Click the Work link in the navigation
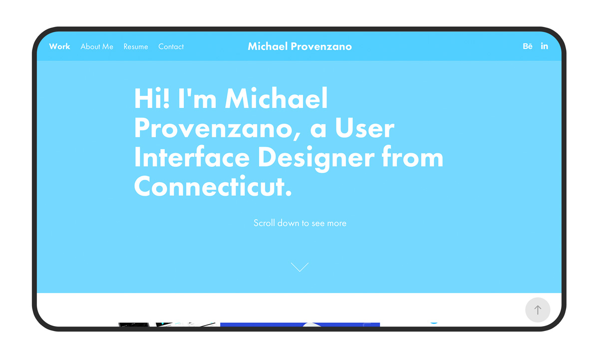pyautogui.click(x=59, y=46)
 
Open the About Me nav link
pyautogui.click(x=97, y=46)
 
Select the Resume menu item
pyautogui.click(x=136, y=46)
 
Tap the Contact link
pyautogui.click(x=171, y=46)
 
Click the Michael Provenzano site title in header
pyautogui.click(x=299, y=46)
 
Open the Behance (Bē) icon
pyautogui.click(x=528, y=46)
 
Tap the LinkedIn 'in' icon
pyautogui.click(x=544, y=46)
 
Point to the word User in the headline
pyautogui.click(x=364, y=128)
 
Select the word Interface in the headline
pyautogui.click(x=192, y=158)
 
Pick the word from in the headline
pyautogui.click(x=412, y=158)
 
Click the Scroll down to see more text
pyautogui.click(x=299, y=223)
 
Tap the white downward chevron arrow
pyautogui.click(x=299, y=267)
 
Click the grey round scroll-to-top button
pyautogui.click(x=538, y=310)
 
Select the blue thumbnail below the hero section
pyautogui.click(x=299, y=325)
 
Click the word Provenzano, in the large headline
pyautogui.click(x=215, y=128)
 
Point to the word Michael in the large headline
pyautogui.click(x=276, y=98)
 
